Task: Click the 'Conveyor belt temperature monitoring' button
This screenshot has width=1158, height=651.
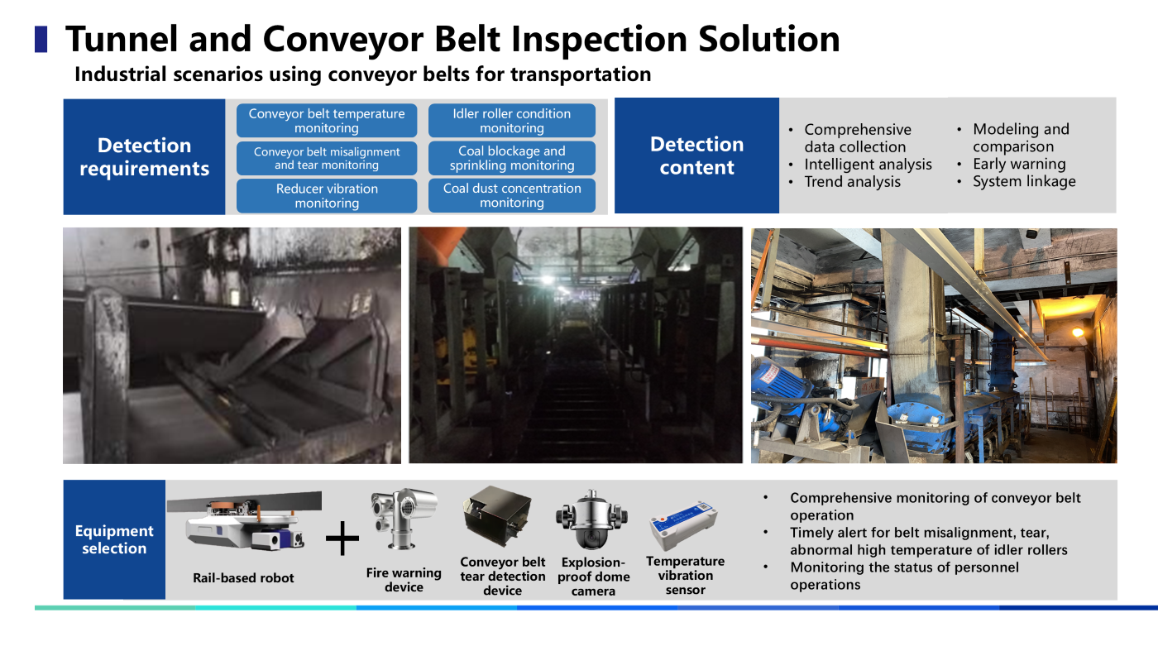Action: (327, 121)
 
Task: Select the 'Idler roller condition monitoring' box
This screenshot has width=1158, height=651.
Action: (512, 121)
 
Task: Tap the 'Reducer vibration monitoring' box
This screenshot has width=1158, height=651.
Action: (327, 196)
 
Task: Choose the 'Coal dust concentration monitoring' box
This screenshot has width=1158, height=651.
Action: (512, 195)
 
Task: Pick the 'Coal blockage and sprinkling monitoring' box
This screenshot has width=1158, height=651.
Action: (512, 158)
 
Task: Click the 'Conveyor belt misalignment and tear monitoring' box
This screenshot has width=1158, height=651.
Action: (327, 158)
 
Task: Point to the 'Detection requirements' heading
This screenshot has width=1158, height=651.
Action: (144, 156)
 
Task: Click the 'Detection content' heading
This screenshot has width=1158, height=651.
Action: (696, 156)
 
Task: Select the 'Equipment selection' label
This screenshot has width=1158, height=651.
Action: (114, 539)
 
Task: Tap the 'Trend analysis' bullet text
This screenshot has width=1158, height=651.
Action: (852, 182)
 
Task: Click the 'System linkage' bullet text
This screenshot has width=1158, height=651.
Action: (1024, 181)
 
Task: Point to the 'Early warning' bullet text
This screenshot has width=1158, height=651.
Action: (1019, 164)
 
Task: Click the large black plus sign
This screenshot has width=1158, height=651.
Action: (342, 539)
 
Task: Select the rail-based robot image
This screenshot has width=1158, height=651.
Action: (245, 521)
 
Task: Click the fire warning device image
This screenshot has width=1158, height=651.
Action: (404, 519)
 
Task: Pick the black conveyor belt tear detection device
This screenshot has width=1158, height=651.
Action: (497, 516)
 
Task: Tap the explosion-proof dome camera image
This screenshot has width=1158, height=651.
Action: (592, 519)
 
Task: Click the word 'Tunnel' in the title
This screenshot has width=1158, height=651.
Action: (122, 40)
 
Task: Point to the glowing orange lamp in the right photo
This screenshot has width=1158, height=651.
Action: (1078, 332)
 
